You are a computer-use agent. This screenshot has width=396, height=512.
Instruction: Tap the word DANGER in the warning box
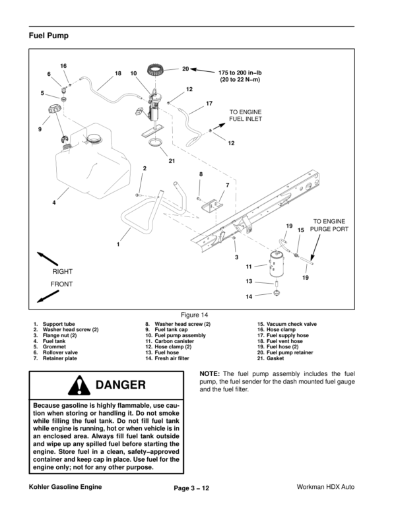click(120, 384)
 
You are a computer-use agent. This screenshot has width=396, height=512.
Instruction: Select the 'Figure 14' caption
click(197, 314)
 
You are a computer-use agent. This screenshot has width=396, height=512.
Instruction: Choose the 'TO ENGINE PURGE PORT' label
click(329, 226)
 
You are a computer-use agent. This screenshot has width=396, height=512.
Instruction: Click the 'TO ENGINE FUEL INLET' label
click(246, 116)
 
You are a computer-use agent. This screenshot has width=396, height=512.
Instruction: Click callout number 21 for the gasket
click(172, 161)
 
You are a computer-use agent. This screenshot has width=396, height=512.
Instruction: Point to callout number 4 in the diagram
click(54, 202)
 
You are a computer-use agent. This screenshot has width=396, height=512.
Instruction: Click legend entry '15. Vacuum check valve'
click(287, 325)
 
